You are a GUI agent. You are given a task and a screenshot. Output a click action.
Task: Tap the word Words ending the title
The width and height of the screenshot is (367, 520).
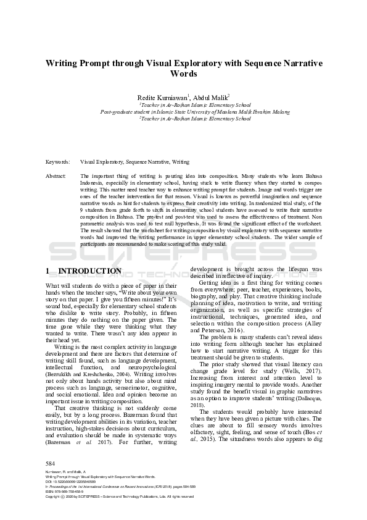coord(183,73)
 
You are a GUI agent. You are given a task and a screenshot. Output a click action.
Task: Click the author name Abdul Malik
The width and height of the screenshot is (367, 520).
coord(210,97)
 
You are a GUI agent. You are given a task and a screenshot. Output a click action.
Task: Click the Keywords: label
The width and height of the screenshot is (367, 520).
coord(58,162)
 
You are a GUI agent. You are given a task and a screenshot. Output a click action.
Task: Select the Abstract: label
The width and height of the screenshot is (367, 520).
coord(57,176)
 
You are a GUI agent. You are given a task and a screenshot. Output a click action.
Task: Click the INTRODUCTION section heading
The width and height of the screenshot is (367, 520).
coord(89,271)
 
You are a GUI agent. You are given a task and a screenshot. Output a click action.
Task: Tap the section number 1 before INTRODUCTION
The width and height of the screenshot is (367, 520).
coord(49,271)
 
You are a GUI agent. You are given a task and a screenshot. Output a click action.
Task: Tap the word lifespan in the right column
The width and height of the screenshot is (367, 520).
coord(292,269)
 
